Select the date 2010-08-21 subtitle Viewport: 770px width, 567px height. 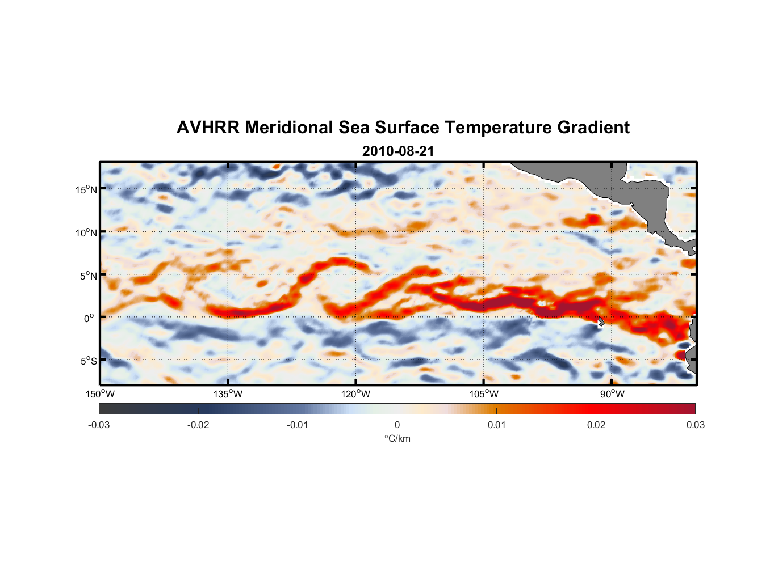click(x=398, y=151)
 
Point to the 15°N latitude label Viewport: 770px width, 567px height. click(x=86, y=189)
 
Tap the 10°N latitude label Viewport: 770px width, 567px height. click(x=86, y=232)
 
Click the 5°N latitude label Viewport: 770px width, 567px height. click(x=88, y=276)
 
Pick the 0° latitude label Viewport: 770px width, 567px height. click(x=89, y=319)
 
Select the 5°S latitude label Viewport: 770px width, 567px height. click(x=88, y=361)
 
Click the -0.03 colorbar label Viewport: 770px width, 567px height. click(x=99, y=425)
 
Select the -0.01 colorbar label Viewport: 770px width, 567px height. click(x=298, y=425)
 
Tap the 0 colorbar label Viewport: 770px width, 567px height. click(x=397, y=425)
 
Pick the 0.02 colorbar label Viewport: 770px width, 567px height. click(x=596, y=425)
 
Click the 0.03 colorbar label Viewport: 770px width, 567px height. click(x=695, y=425)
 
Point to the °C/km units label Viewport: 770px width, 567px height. click(x=397, y=438)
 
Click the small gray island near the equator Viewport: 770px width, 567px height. click(x=601, y=321)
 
